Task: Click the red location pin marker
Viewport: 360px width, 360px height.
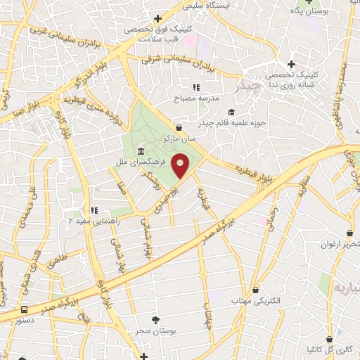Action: click(x=181, y=165)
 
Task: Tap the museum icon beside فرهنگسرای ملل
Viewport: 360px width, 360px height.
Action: click(x=141, y=153)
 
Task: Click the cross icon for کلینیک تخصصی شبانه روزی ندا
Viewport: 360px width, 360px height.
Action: click(x=291, y=64)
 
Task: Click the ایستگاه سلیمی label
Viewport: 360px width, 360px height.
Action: click(x=206, y=5)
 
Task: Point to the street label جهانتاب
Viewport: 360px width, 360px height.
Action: click(x=207, y=298)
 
